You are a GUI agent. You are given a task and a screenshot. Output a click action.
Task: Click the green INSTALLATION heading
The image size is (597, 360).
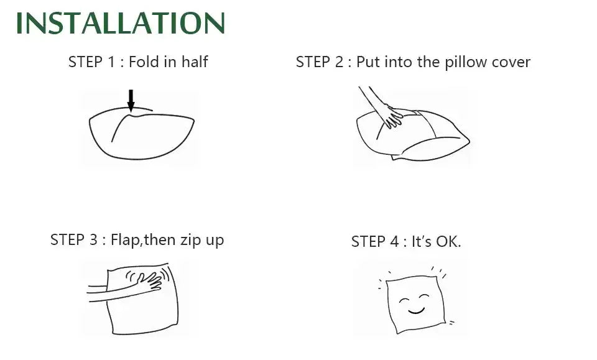(x=120, y=23)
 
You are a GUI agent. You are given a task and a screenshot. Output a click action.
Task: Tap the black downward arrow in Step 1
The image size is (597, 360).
(x=131, y=101)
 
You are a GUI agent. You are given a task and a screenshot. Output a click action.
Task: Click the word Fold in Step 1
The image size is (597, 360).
(x=144, y=62)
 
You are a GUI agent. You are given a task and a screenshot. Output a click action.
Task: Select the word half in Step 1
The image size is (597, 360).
(x=194, y=62)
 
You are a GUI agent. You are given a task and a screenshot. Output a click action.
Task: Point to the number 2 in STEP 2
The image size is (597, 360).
(x=339, y=62)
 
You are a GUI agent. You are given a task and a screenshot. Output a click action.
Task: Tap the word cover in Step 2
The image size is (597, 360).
(x=511, y=63)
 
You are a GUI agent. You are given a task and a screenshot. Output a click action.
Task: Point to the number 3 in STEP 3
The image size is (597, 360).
(x=93, y=240)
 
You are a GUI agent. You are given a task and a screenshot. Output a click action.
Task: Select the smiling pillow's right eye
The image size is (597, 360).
(x=423, y=297)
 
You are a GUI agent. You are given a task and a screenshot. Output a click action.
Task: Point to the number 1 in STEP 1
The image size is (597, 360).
(x=111, y=62)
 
